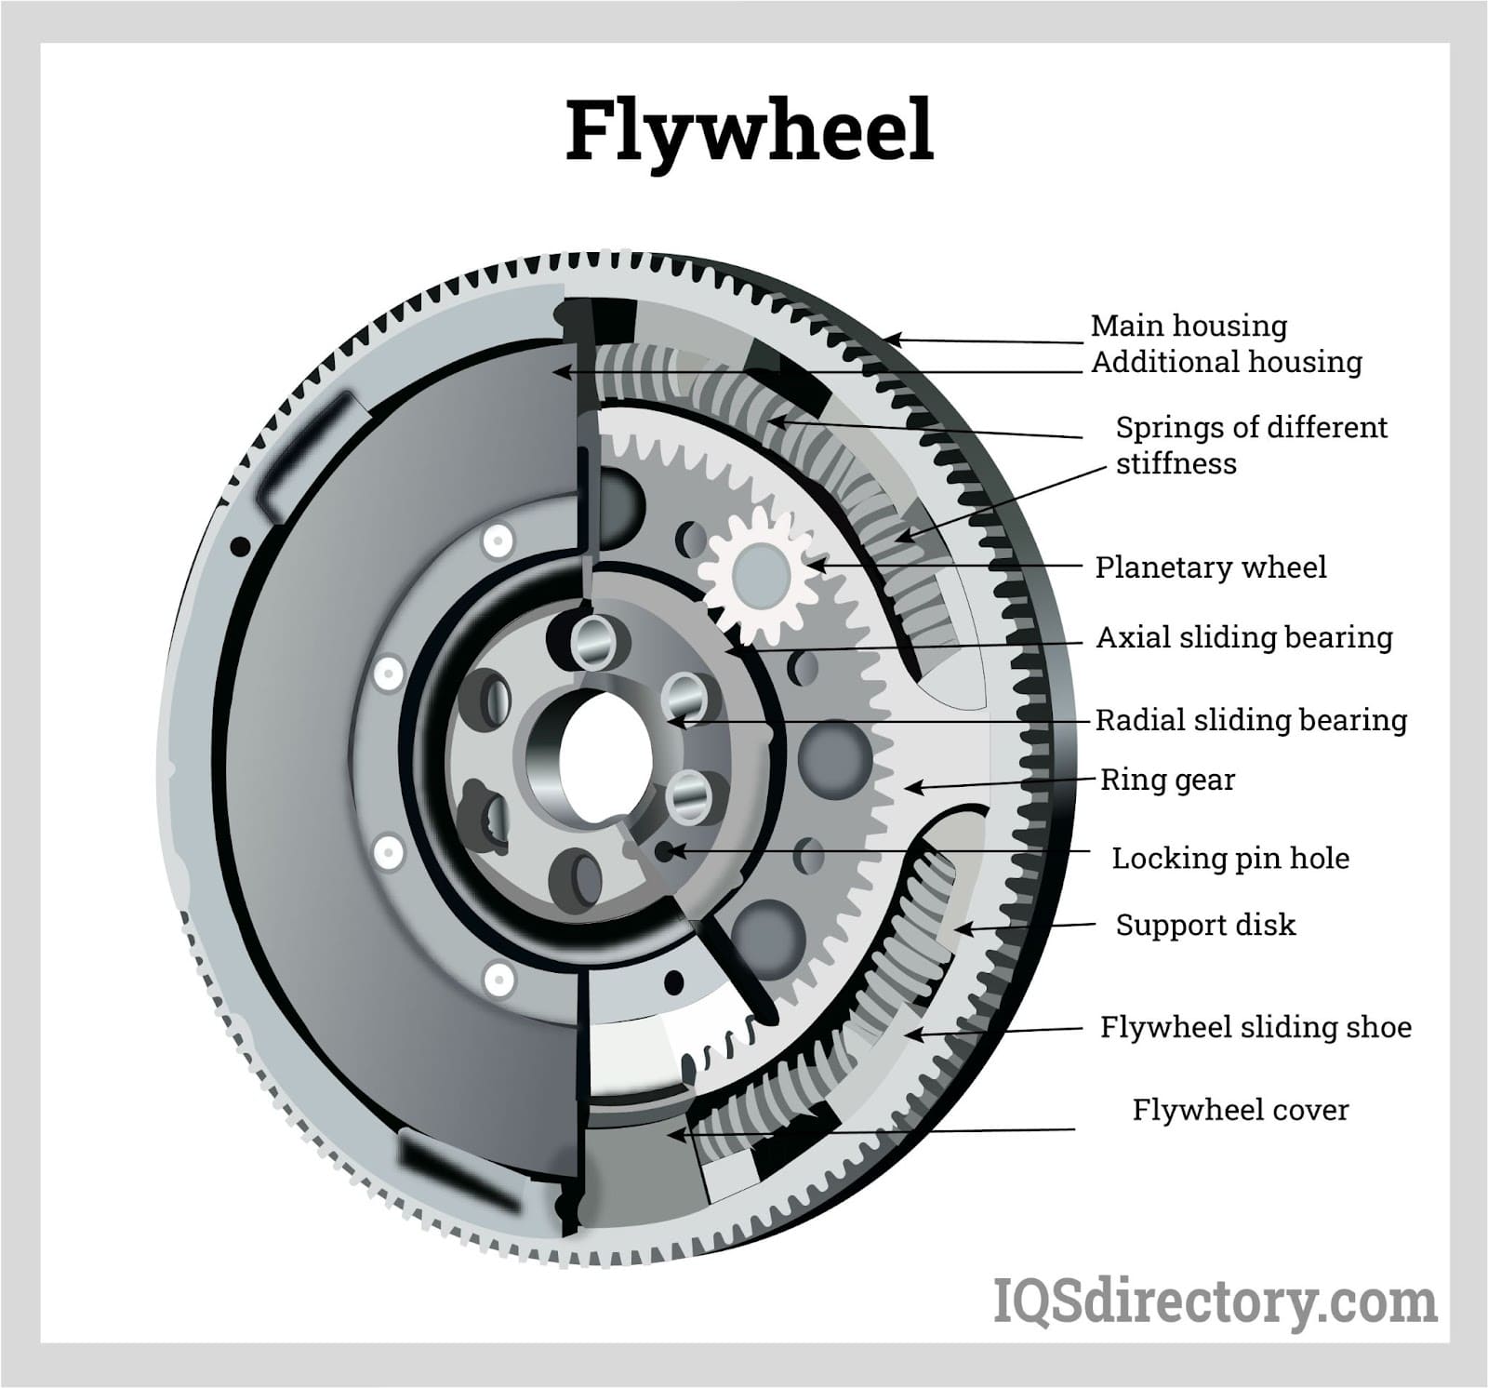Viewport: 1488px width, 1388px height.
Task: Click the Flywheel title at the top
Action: pos(750,131)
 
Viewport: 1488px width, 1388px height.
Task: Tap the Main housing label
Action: pos(1189,326)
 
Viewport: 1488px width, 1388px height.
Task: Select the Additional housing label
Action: pos(1226,362)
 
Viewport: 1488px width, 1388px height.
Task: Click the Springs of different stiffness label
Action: pos(1250,445)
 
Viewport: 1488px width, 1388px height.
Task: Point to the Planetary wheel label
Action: pos(1210,567)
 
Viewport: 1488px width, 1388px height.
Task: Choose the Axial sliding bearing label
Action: pos(1243,637)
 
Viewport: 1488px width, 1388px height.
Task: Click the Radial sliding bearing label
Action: pos(1251,719)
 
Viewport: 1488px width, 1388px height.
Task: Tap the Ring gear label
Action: pos(1167,780)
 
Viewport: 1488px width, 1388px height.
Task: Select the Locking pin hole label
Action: pos(1229,858)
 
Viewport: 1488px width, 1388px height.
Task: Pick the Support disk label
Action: pos(1204,925)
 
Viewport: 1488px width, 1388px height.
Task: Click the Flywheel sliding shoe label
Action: pos(1255,1027)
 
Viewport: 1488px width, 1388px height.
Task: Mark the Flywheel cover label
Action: pos(1240,1110)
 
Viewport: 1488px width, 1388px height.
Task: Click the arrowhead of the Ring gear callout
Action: pos(911,788)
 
